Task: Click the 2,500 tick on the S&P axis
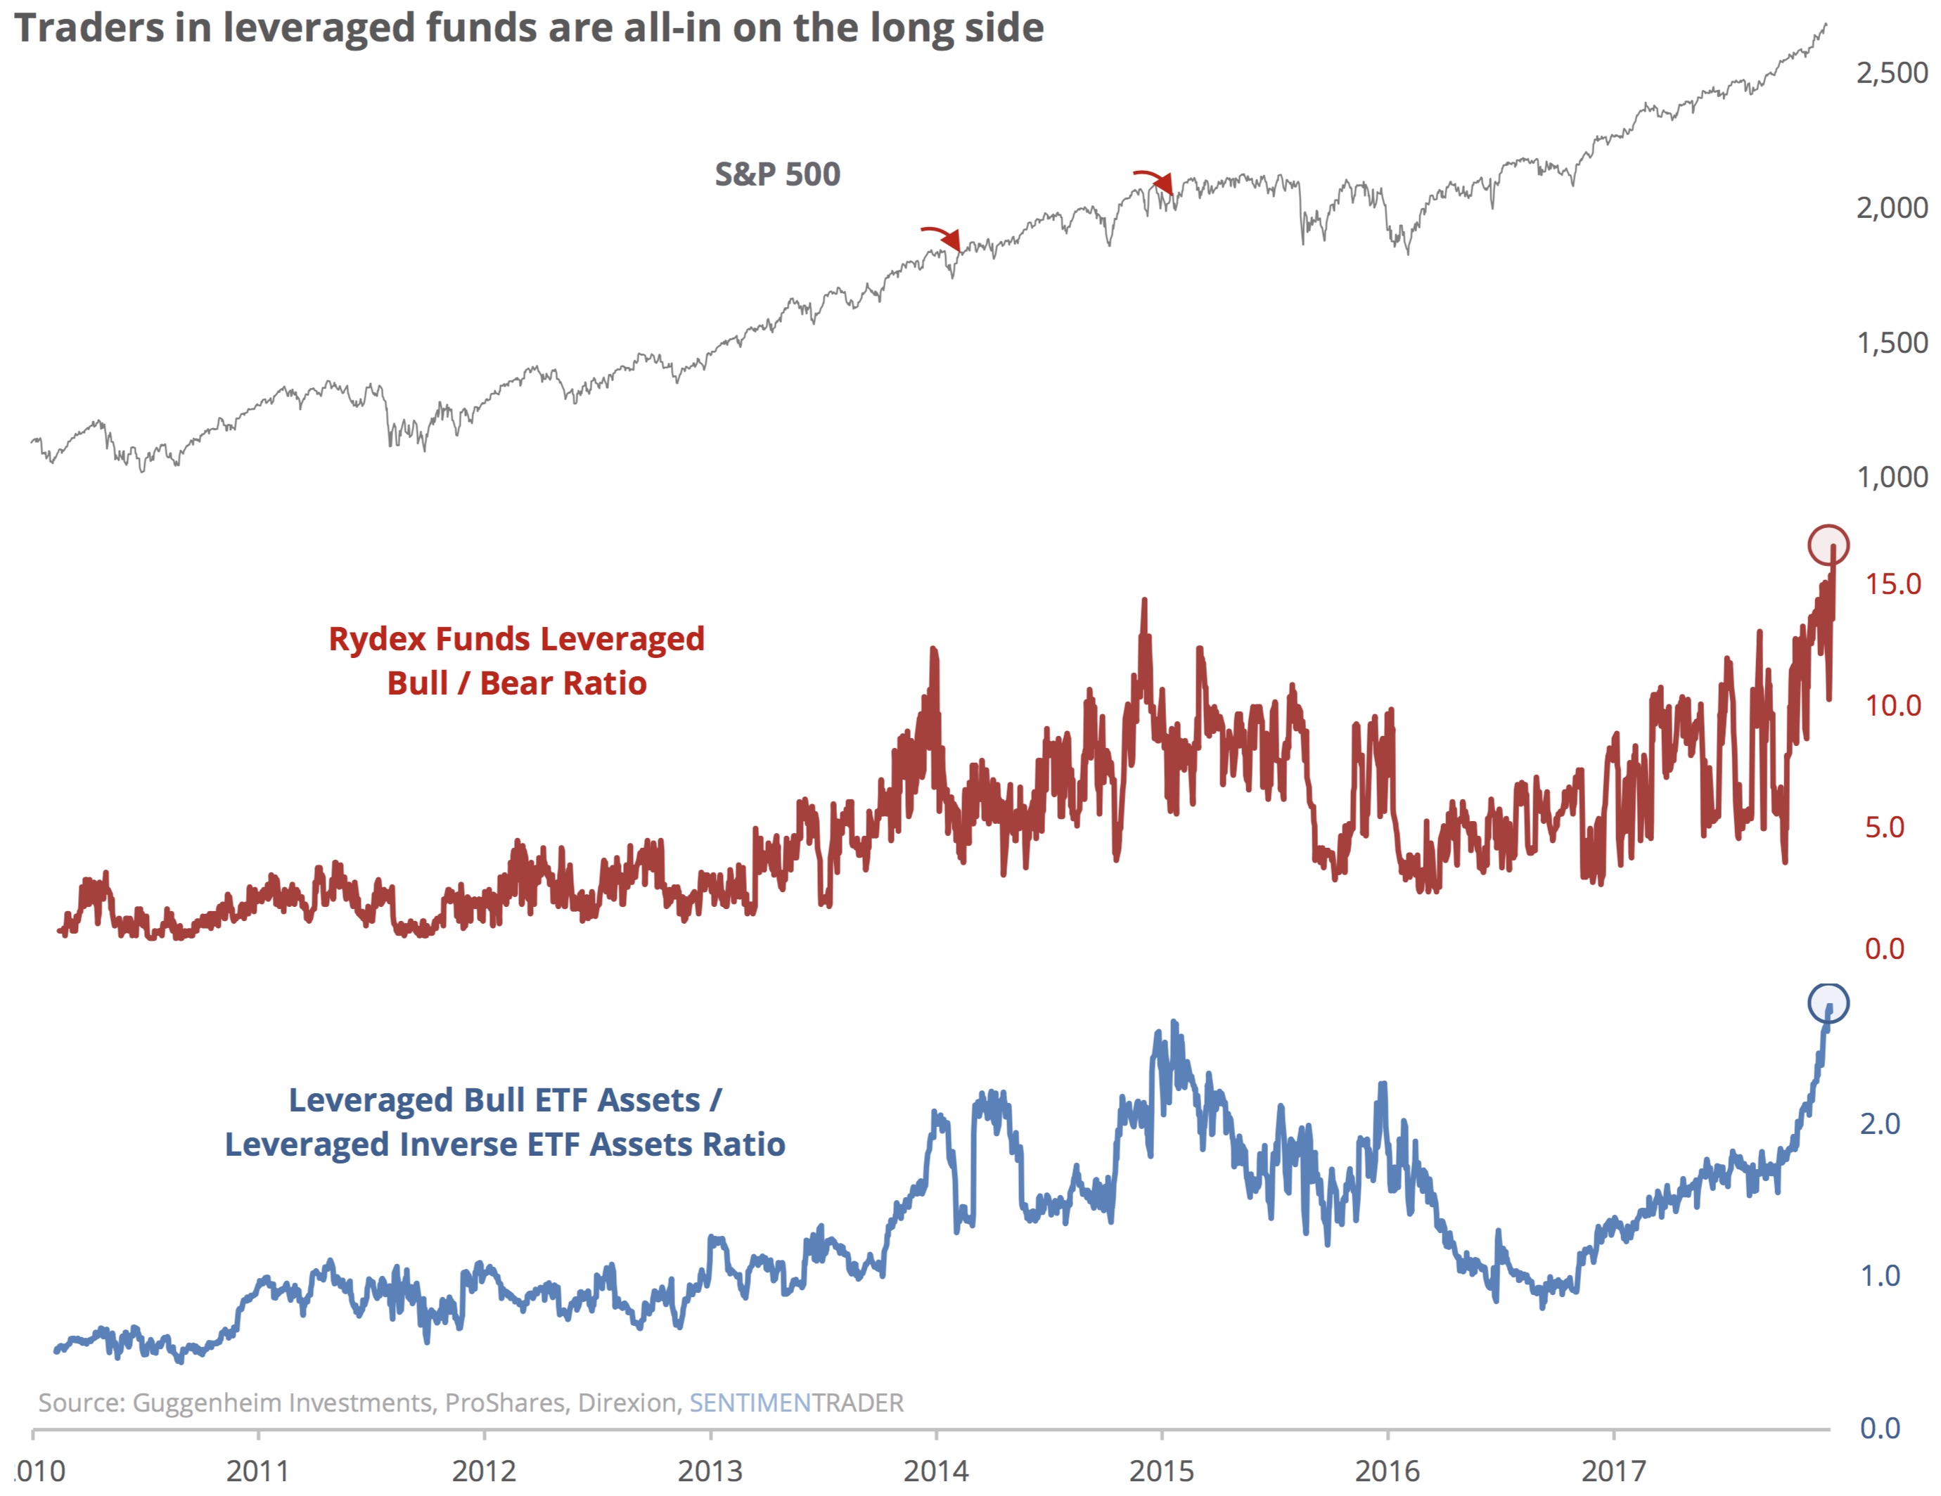point(1891,73)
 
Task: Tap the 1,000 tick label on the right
point(1891,478)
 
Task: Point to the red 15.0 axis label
point(1892,584)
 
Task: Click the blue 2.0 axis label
point(1880,1124)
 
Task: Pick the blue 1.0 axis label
point(1880,1276)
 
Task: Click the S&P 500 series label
point(778,174)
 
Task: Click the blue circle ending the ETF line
point(1828,1003)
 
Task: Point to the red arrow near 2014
point(943,236)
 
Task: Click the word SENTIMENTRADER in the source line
point(796,1402)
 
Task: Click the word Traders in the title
point(89,27)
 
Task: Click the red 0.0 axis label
point(1884,949)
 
